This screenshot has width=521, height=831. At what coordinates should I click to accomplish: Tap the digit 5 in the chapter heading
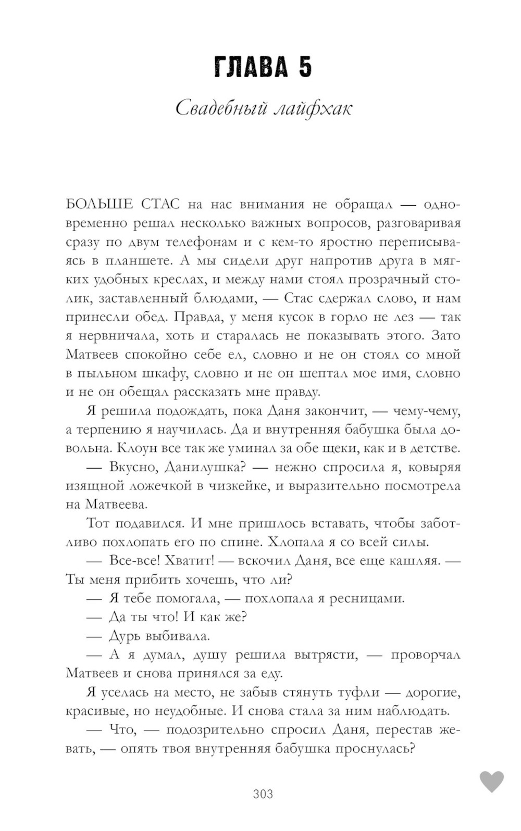(305, 67)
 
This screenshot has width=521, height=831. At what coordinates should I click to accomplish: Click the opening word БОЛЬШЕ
(100, 204)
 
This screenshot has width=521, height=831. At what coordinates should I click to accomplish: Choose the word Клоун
(135, 448)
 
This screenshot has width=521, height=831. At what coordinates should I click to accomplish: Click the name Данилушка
(201, 467)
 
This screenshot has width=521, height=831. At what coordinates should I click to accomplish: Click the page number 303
(263, 794)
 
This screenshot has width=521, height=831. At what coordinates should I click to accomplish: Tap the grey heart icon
(491, 782)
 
